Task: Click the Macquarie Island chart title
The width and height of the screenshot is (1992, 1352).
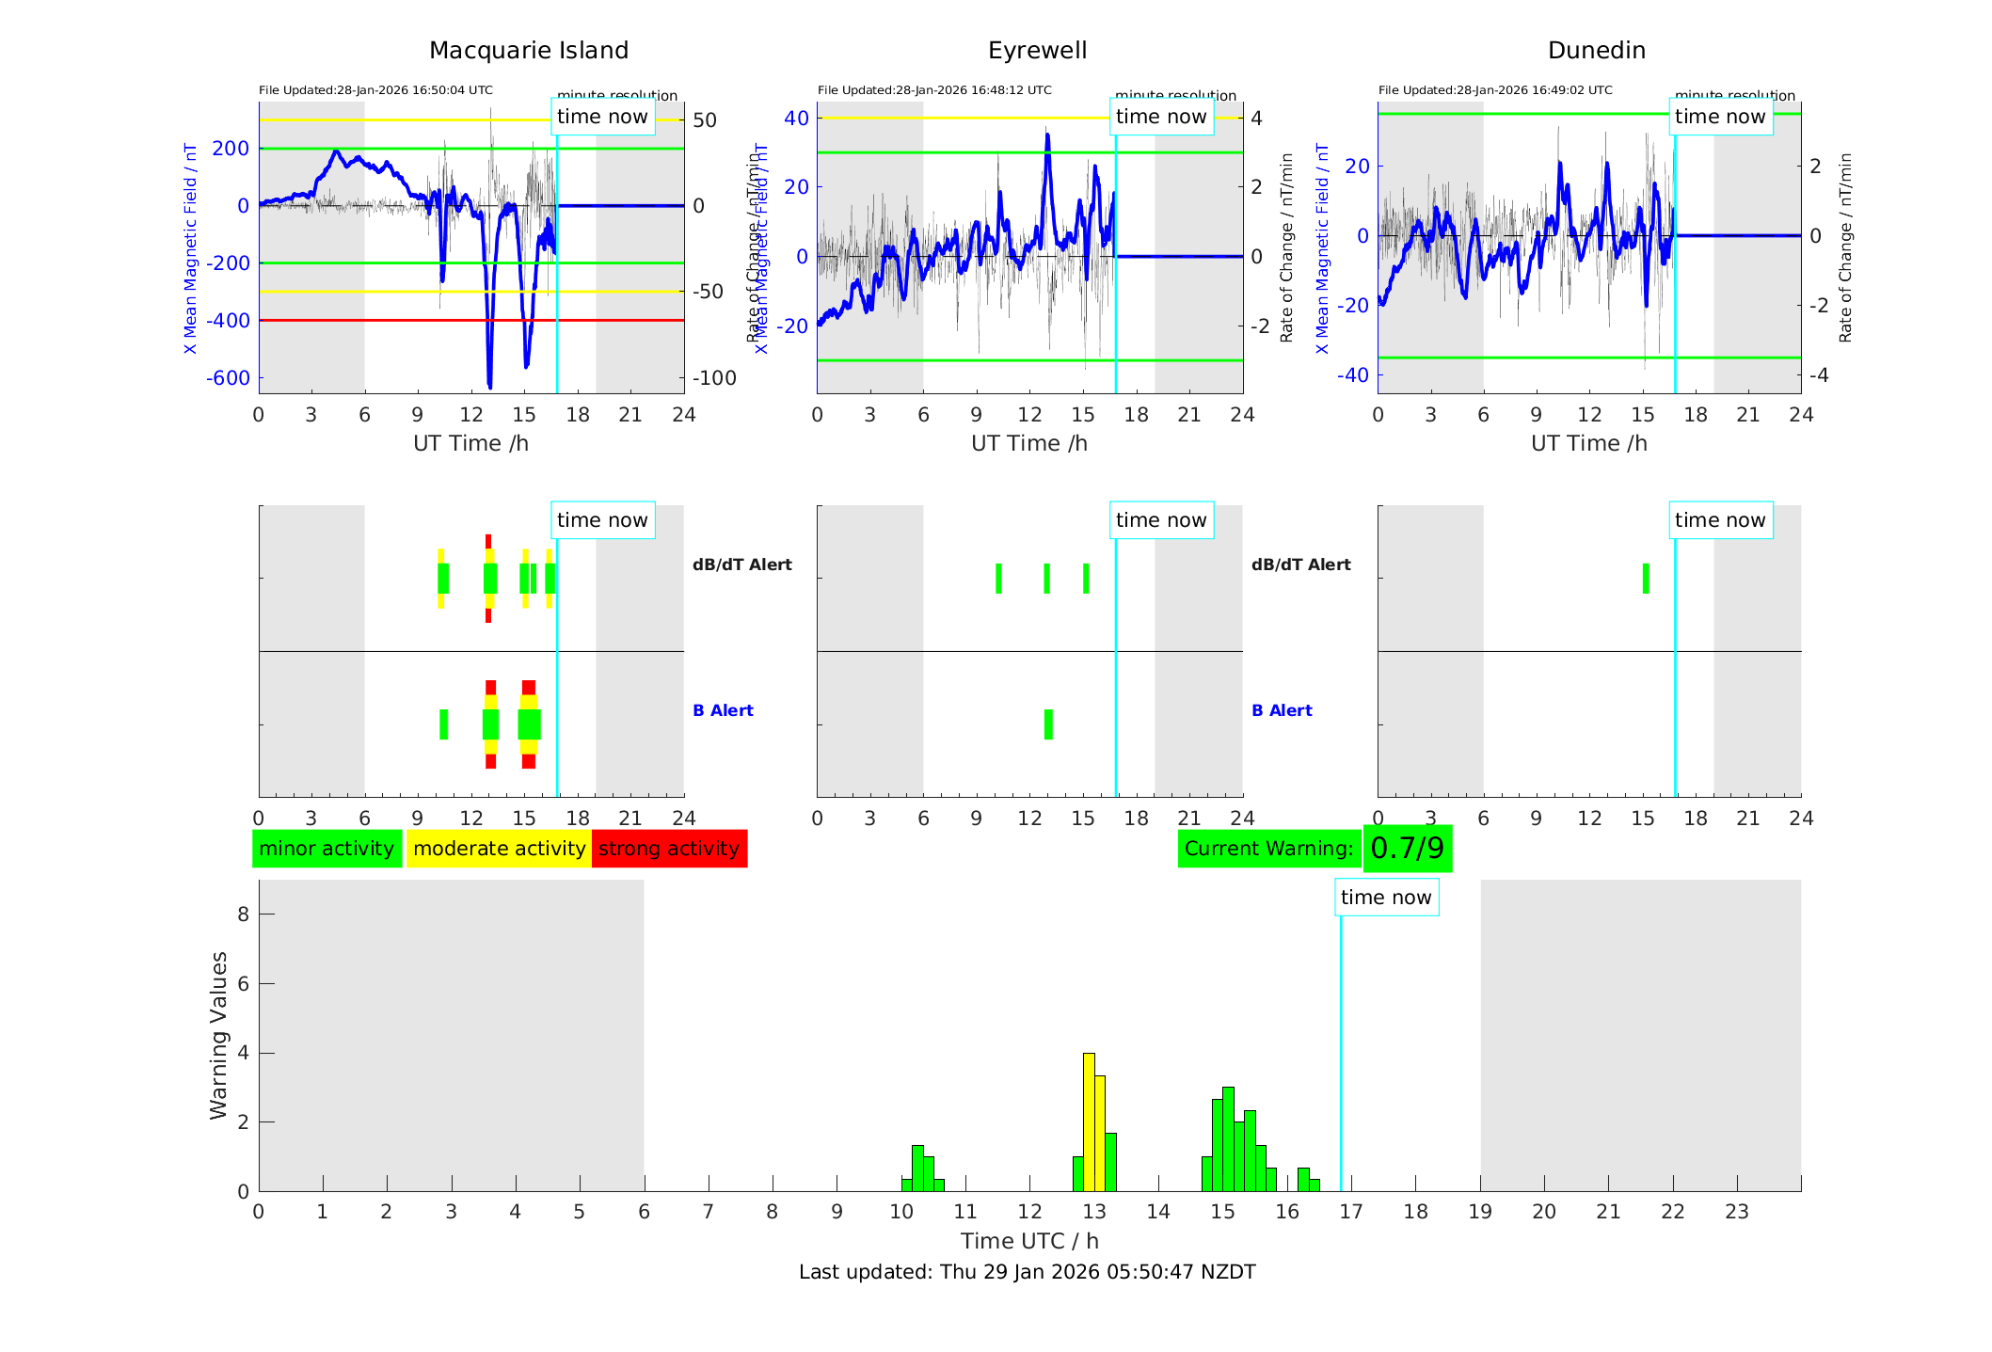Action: (x=528, y=51)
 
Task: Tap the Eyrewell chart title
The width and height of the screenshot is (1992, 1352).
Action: (x=1037, y=51)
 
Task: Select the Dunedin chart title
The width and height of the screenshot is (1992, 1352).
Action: (x=1596, y=51)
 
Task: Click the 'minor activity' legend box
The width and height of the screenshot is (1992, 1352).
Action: (x=327, y=849)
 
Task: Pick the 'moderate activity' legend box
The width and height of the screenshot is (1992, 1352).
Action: (x=499, y=849)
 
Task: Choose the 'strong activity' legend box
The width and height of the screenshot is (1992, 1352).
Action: (x=669, y=849)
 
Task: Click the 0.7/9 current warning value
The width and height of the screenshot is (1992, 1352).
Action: (x=1407, y=849)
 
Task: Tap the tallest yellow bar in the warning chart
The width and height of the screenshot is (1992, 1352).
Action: (x=1089, y=1121)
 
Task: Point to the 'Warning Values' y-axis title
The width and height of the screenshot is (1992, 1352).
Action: (x=219, y=1035)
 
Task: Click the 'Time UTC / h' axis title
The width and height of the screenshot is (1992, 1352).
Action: (x=1029, y=1241)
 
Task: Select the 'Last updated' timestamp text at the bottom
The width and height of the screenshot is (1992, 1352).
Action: (x=1027, y=1272)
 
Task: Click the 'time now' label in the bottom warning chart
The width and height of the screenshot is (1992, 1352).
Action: (x=1386, y=898)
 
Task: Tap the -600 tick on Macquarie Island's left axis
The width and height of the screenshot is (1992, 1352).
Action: (x=229, y=378)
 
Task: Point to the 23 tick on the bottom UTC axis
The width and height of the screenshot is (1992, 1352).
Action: (x=1736, y=1212)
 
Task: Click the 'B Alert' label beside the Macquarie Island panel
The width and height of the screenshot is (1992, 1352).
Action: (x=723, y=710)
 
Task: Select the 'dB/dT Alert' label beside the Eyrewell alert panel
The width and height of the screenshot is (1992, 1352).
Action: (x=1300, y=565)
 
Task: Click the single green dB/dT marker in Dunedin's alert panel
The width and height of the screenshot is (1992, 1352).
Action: (x=1646, y=579)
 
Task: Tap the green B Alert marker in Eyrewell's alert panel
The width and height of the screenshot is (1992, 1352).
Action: (x=1048, y=724)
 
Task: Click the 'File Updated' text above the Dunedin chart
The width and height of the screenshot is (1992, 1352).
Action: (x=1495, y=90)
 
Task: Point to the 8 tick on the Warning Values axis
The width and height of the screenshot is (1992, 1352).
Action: (x=243, y=914)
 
